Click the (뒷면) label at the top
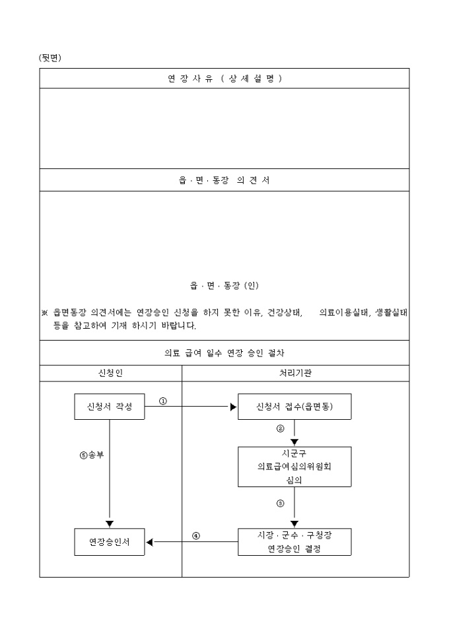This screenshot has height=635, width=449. [x=50, y=58]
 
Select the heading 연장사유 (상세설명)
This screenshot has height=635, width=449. [x=224, y=79]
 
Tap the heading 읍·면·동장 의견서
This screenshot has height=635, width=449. [x=224, y=180]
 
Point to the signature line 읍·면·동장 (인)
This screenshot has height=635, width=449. [x=224, y=286]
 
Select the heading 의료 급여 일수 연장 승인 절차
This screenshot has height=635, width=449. [x=224, y=353]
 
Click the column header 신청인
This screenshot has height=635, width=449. [x=110, y=374]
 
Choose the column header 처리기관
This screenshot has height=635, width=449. [x=295, y=374]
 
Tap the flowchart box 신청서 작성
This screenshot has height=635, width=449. [x=110, y=407]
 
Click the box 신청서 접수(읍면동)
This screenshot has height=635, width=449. [x=294, y=407]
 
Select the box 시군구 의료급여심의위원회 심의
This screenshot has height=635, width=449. [x=294, y=467]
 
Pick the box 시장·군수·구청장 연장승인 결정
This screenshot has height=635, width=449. [x=294, y=542]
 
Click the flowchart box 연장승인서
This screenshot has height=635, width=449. [x=110, y=542]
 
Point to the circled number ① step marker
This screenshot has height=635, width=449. [x=163, y=401]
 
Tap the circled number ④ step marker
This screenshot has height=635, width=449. [x=195, y=535]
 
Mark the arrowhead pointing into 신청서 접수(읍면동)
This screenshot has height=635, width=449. [x=233, y=407]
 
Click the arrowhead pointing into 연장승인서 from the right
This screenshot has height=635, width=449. [x=150, y=542]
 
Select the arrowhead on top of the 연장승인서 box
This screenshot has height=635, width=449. [x=110, y=524]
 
